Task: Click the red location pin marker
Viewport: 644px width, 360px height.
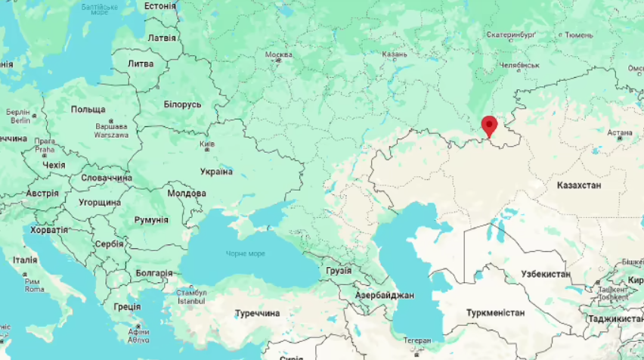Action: tap(489, 126)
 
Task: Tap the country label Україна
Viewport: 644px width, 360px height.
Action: tap(216, 172)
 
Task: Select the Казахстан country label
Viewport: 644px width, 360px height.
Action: tap(578, 185)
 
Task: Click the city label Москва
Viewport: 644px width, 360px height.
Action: tap(278, 55)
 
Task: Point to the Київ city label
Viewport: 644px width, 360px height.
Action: tap(206, 144)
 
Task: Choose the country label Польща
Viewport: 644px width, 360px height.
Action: tap(88, 110)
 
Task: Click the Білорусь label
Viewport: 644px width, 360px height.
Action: tap(183, 104)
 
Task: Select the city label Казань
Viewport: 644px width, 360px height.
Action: tap(395, 54)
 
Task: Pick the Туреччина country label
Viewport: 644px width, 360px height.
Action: tap(257, 313)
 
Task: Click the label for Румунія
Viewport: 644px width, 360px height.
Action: tap(151, 219)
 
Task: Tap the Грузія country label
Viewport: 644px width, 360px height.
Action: tap(338, 270)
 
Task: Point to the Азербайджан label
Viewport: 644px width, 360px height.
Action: tap(385, 295)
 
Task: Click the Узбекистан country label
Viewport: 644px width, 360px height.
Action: tap(546, 274)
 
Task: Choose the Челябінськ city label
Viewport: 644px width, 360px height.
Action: tap(519, 65)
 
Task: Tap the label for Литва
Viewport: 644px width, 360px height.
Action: tap(141, 64)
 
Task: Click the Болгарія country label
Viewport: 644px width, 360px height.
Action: tap(153, 273)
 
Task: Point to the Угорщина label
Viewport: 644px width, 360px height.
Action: tap(100, 203)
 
